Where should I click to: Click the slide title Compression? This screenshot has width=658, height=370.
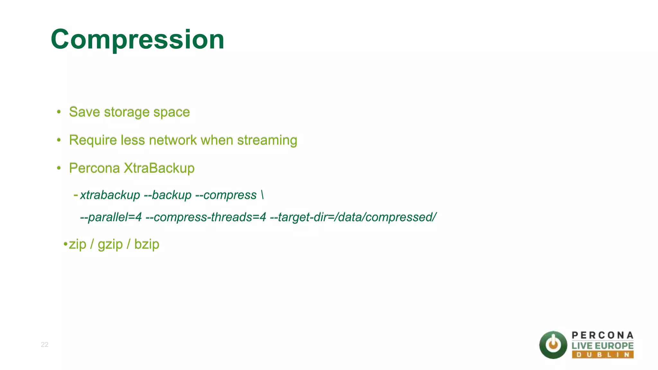tap(138, 39)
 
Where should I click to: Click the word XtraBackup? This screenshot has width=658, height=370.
tap(159, 168)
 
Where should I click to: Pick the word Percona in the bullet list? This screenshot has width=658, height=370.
tap(94, 168)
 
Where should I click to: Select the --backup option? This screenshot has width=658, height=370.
tap(167, 195)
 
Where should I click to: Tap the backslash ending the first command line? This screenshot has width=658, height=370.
tap(262, 195)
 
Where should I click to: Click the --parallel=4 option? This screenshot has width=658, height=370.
tap(111, 217)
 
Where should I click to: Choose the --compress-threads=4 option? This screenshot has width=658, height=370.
tap(206, 217)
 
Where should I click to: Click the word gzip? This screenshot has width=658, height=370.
tap(110, 244)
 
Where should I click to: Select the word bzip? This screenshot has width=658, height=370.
tap(147, 244)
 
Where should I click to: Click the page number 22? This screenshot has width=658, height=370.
tap(44, 345)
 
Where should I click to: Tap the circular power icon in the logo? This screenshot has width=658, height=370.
tap(553, 345)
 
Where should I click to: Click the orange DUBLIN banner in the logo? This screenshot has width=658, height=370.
tap(602, 355)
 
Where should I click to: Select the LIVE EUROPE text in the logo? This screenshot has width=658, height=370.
tap(602, 346)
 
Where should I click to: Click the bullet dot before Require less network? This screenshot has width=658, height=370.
tap(58, 140)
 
